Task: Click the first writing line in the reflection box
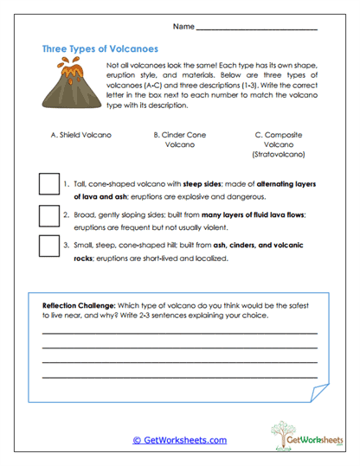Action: coord(179,333)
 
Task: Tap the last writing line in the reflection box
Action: coord(179,378)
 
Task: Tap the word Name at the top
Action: coord(183,27)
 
